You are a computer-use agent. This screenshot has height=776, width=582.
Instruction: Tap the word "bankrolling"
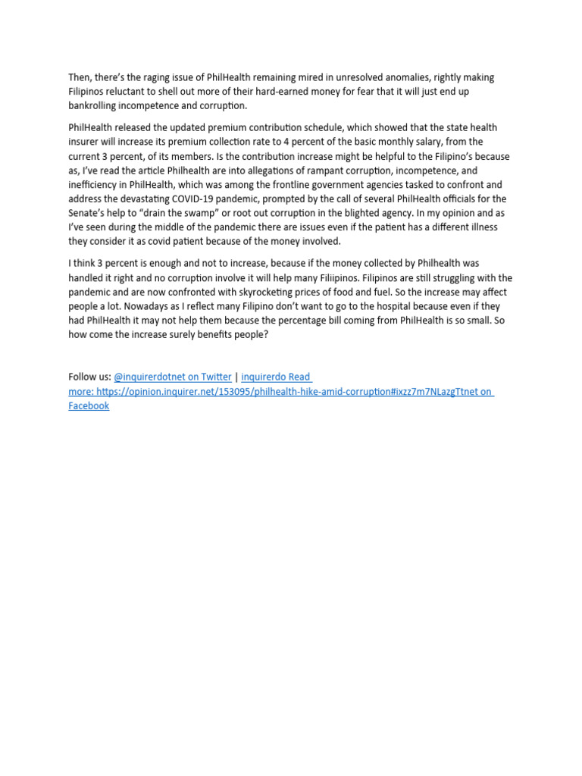94,105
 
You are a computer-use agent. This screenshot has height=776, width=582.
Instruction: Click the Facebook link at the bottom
89,405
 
